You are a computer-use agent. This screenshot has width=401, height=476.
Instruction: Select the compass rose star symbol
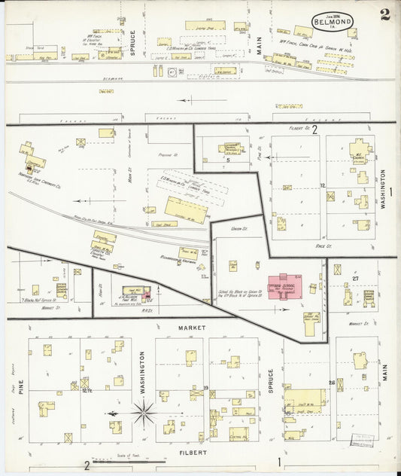point(143,413)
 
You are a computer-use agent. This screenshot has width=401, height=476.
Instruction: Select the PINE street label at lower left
point(23,386)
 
